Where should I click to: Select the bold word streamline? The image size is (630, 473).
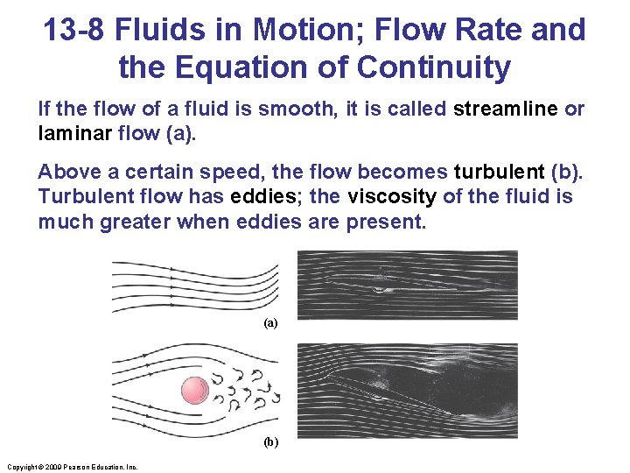pos(507,109)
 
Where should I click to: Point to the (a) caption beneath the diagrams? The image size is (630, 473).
pos(270,323)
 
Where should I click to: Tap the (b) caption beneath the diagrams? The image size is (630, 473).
pos(270,442)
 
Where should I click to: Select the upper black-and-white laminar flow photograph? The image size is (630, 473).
pos(408,284)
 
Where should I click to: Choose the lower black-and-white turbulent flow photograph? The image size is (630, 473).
pos(408,390)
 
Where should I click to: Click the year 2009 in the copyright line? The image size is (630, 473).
pos(52,468)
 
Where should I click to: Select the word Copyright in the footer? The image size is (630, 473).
pos(21,468)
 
